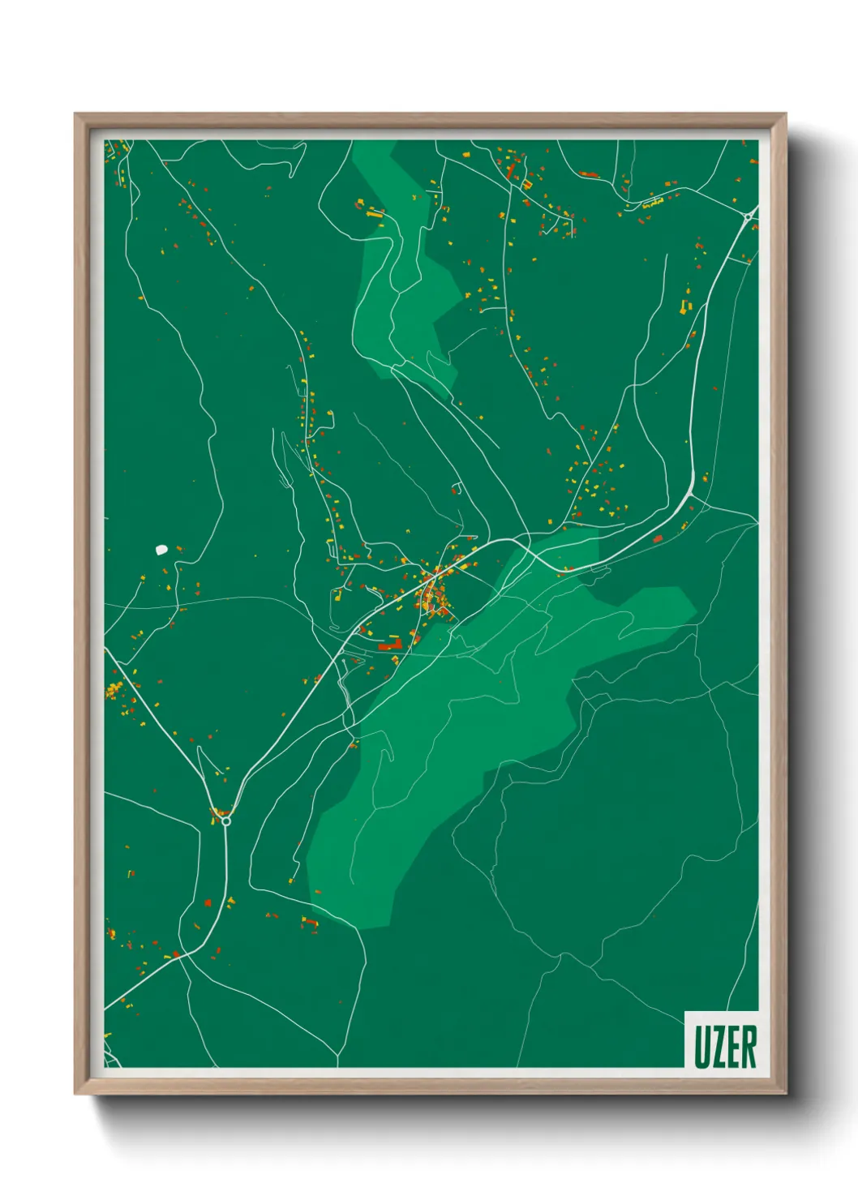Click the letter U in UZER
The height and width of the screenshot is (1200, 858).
point(701,1047)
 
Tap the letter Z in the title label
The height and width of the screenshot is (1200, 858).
point(717,1047)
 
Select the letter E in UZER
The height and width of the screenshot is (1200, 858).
point(732,1047)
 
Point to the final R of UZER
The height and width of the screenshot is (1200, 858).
point(749,1047)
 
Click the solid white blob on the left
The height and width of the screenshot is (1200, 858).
point(161,549)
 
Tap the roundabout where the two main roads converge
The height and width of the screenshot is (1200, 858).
point(226,821)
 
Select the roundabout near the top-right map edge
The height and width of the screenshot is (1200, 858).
point(747,216)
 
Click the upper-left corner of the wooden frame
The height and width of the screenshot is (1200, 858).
point(78,117)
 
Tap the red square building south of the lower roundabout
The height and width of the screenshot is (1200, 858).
point(208,902)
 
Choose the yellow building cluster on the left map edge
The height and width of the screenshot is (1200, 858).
point(114,690)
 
